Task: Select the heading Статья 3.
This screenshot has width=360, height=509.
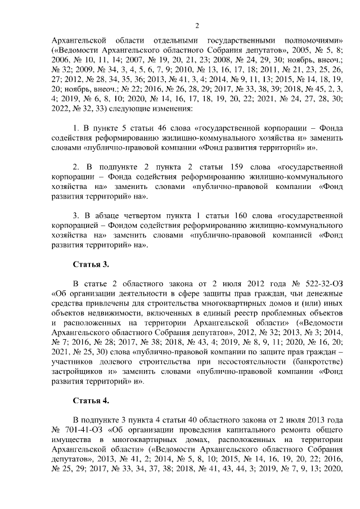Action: (x=91, y=264)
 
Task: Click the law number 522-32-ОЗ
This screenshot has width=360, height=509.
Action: (x=322, y=283)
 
